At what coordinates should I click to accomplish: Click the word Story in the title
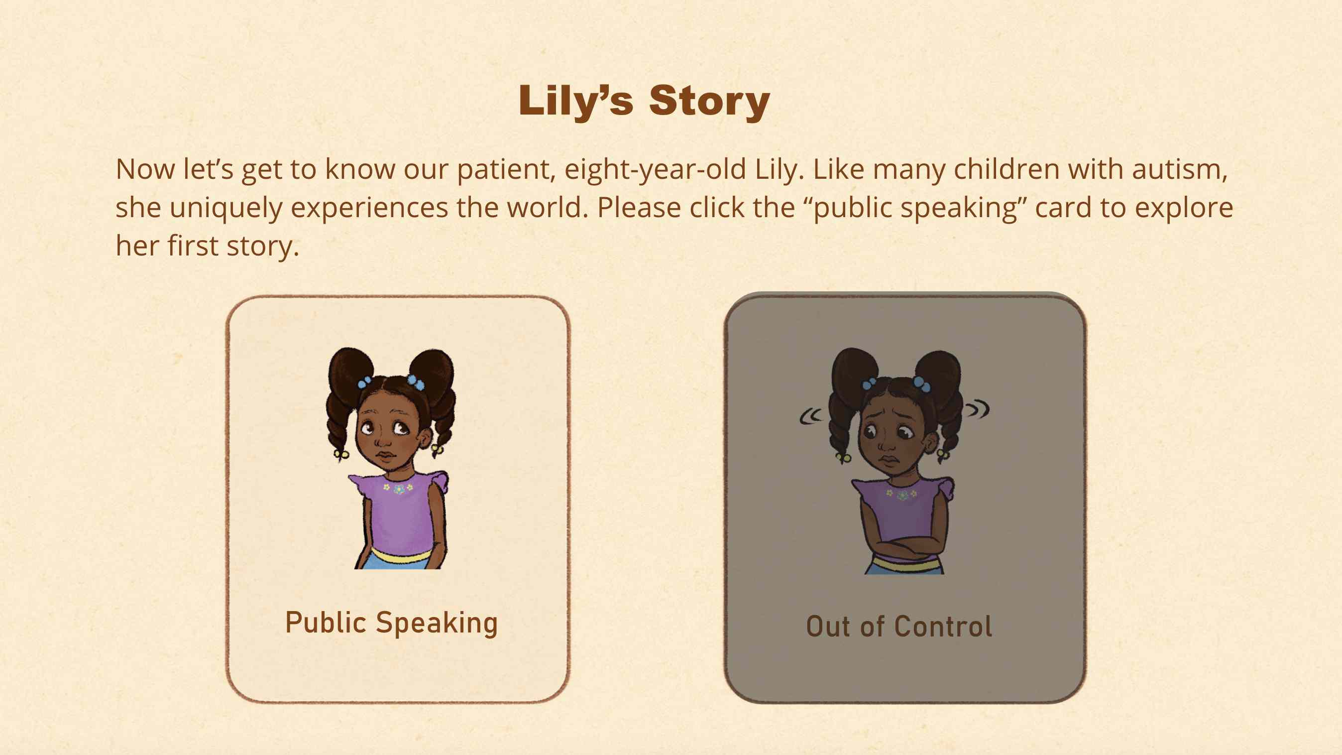point(709,101)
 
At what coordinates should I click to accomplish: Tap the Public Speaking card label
point(391,623)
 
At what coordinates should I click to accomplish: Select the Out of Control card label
point(899,627)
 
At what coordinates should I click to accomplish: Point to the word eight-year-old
point(656,170)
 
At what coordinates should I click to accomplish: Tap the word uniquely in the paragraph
point(225,208)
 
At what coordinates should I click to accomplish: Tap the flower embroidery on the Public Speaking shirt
point(399,489)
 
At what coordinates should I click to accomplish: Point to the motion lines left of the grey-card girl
point(810,416)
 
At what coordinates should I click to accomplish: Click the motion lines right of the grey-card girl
point(977,409)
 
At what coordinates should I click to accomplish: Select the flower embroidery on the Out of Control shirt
point(902,494)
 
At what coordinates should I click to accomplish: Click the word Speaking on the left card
point(437,624)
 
